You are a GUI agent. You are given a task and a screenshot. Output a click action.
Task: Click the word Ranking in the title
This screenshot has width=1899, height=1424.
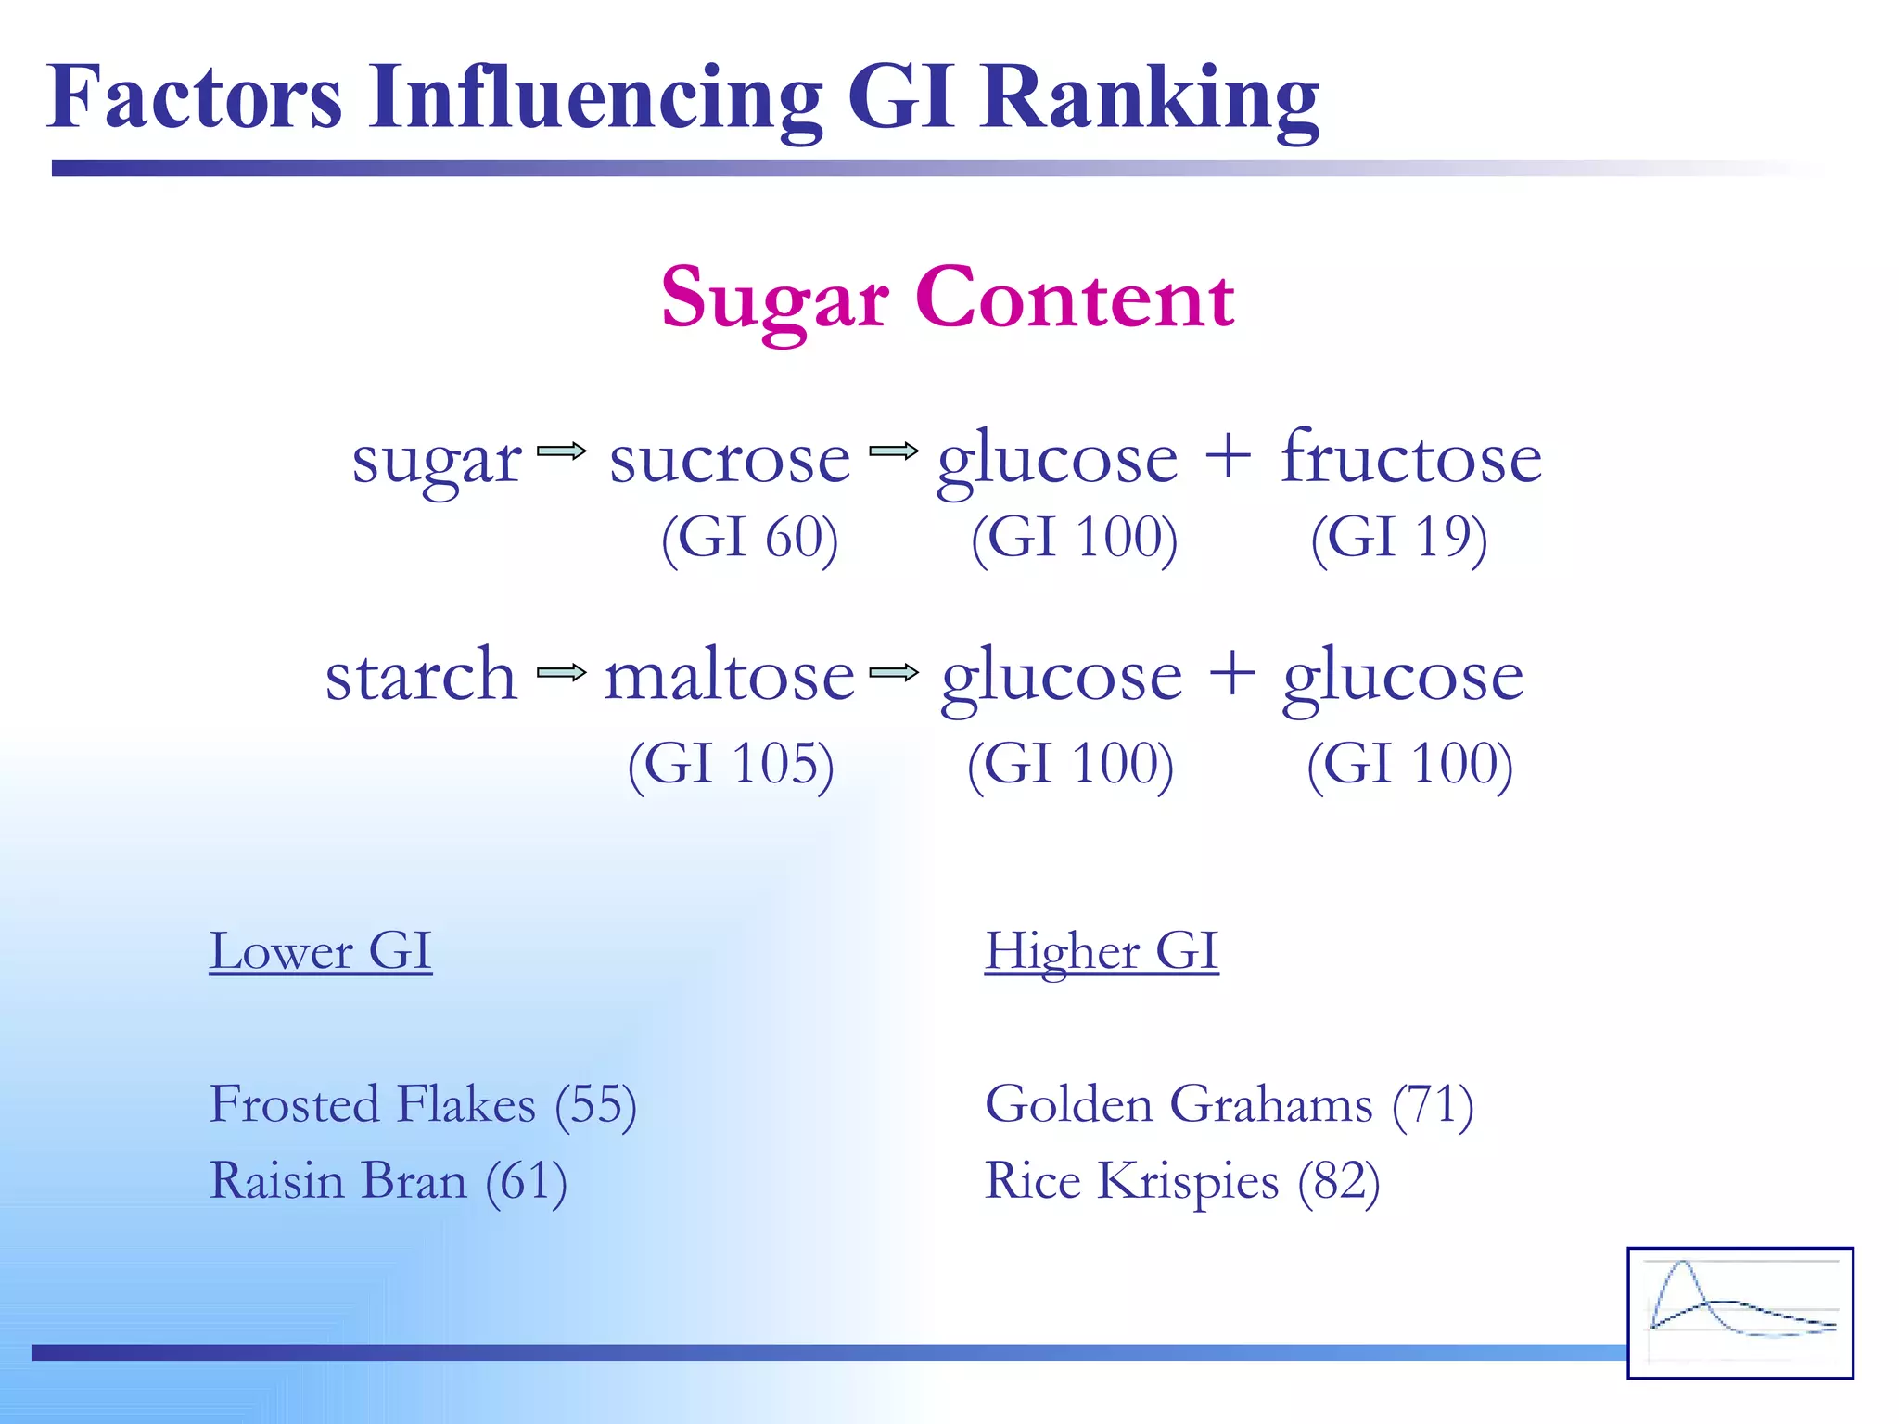pos(1150,98)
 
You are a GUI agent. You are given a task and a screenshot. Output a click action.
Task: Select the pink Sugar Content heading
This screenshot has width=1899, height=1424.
pos(947,298)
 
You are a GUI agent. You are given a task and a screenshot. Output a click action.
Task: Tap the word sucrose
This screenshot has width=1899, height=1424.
pos(730,460)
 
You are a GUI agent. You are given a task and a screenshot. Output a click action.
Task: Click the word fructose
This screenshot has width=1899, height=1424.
pos(1410,458)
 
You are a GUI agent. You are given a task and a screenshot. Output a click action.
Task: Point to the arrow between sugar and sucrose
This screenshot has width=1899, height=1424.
pos(562,451)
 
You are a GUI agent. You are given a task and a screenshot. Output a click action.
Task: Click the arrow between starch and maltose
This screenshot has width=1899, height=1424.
pos(562,672)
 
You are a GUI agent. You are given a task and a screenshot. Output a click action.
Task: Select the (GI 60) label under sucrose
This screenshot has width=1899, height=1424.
pos(749,538)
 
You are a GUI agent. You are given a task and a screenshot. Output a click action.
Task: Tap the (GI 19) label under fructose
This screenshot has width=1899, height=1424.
pos(1398,538)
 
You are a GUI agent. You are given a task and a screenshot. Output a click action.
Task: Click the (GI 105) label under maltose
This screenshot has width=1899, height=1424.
pos(731,765)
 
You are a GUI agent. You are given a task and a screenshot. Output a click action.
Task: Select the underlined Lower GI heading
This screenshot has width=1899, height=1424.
pos(320,951)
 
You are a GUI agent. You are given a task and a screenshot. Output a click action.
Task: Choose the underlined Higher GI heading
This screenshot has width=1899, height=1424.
pos(1101,951)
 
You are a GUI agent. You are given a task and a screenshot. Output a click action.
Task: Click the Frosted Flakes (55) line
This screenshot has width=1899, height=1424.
pos(423,1105)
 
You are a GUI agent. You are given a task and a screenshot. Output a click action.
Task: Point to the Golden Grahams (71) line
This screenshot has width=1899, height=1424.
pos(1229,1105)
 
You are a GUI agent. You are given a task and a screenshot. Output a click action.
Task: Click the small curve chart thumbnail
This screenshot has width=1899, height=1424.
pos(1740,1313)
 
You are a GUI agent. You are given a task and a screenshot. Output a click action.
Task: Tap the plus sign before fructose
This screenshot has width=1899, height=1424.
pos(1228,457)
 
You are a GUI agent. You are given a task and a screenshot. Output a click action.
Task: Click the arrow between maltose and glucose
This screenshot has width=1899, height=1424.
pos(894,672)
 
